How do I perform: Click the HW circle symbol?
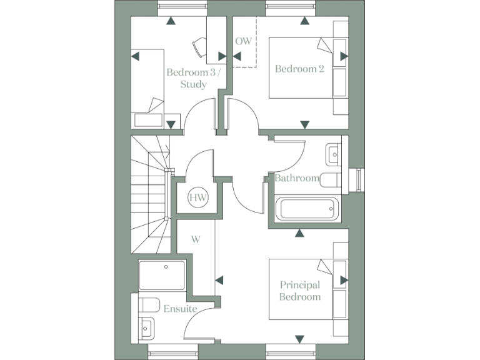click(198, 199)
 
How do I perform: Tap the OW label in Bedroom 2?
click(243, 41)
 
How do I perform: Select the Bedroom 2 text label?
click(299, 69)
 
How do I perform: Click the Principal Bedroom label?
click(300, 291)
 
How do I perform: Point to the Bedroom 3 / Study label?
click(193, 78)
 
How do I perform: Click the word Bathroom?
click(297, 178)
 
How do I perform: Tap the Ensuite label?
click(181, 309)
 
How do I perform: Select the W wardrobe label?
click(196, 239)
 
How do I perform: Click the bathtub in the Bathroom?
click(307, 209)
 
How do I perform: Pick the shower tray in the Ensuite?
click(162, 276)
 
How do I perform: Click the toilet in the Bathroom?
click(329, 179)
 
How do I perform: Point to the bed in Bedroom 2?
click(300, 67)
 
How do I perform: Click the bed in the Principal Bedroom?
click(300, 289)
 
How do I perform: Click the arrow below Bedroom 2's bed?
click(304, 125)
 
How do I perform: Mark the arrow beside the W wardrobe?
click(219, 281)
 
